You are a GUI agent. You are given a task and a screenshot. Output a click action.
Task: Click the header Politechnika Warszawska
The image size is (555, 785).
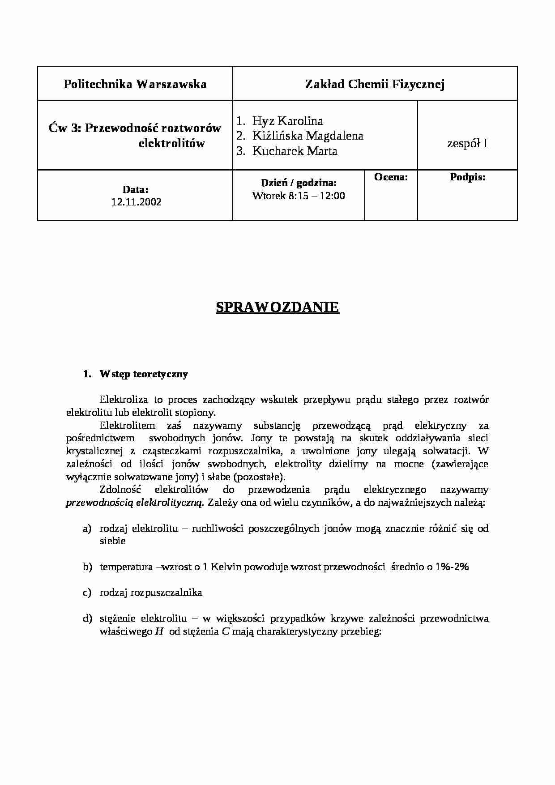(135, 84)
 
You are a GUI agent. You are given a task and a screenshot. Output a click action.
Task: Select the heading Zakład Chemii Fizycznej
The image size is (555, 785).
(375, 84)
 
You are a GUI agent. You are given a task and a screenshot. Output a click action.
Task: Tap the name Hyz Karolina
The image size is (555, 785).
(287, 121)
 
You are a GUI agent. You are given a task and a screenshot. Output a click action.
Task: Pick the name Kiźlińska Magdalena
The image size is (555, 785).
(307, 136)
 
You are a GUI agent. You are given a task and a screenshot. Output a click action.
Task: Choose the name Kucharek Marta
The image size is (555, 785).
(295, 151)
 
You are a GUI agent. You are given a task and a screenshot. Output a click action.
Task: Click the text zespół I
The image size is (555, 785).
(467, 144)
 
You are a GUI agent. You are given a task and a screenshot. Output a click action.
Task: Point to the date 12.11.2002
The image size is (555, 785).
(136, 202)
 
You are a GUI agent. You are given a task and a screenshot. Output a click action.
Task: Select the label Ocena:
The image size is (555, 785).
(391, 177)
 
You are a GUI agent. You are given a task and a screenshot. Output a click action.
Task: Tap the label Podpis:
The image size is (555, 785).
(467, 177)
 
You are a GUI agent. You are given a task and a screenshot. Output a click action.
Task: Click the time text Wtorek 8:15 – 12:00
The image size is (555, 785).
(299, 196)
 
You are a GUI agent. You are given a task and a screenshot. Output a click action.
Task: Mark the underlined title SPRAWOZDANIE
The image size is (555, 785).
(277, 307)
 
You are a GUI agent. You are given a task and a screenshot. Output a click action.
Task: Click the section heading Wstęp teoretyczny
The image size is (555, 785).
(144, 374)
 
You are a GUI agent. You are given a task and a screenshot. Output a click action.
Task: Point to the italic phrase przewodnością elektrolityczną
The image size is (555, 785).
(135, 503)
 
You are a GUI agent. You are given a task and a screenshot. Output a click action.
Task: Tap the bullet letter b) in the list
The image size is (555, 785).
(87, 567)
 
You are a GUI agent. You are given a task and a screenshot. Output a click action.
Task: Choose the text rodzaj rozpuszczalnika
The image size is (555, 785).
(150, 593)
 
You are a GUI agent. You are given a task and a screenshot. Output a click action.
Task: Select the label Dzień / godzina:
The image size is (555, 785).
(299, 183)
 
